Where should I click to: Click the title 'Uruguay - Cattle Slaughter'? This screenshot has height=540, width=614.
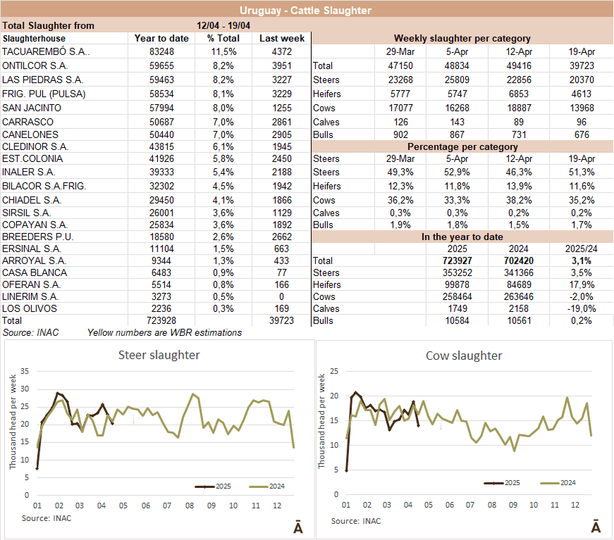(305, 10)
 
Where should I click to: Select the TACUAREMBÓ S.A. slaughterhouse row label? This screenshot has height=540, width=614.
(46, 51)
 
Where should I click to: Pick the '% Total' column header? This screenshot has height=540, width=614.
(223, 39)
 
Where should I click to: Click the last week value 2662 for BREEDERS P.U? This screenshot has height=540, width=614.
(281, 236)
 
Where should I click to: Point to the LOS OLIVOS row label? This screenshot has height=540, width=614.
(30, 308)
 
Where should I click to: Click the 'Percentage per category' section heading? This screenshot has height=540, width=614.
(462, 146)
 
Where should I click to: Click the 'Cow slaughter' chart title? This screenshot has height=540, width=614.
(464, 356)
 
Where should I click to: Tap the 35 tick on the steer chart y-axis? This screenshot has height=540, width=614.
(25, 371)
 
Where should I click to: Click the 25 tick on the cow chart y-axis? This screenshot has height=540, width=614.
(336, 371)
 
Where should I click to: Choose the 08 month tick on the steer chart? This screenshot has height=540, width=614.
(189, 506)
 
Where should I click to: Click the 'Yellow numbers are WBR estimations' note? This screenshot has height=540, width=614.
(164, 332)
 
